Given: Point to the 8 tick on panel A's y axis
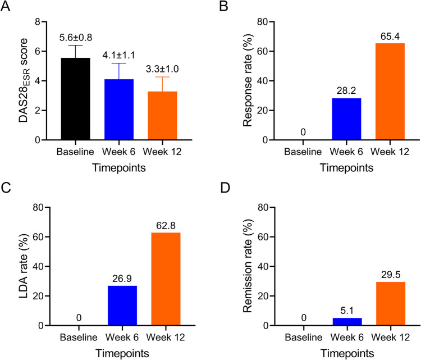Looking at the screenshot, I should coord(40,22).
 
